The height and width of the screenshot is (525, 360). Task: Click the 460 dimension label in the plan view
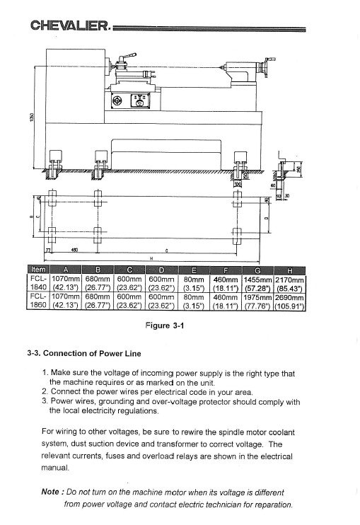[74, 250]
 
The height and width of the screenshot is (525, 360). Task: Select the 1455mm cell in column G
[259, 279]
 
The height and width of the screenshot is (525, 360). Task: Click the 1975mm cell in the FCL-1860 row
[259, 299]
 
